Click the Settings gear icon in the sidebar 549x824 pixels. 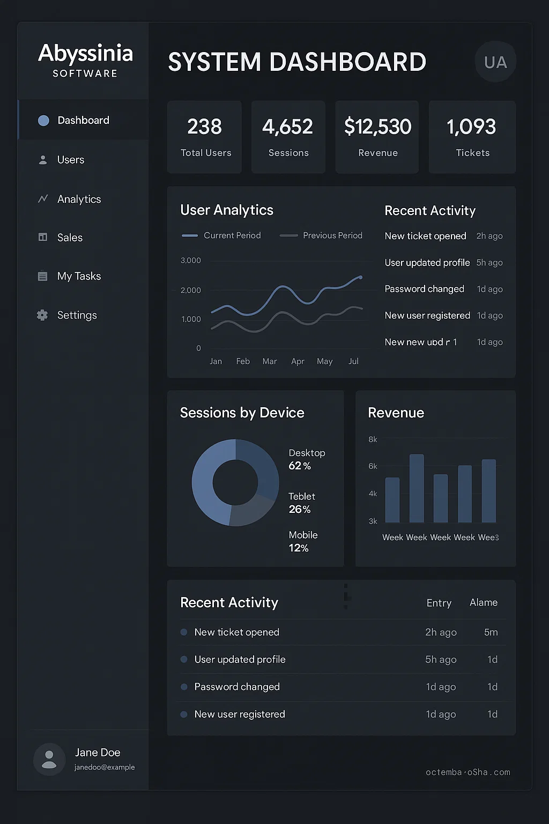coord(42,315)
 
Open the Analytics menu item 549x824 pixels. coord(79,199)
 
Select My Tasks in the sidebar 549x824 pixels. coord(79,276)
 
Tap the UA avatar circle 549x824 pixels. coord(495,62)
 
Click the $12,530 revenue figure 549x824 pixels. coord(378,127)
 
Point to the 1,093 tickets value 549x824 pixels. coord(472,127)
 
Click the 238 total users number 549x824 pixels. coord(204,127)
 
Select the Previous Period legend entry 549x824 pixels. coord(332,236)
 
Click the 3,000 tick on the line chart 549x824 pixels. coord(191,260)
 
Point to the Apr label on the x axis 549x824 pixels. coord(298,361)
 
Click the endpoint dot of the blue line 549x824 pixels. coord(361,277)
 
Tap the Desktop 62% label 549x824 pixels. coord(306,459)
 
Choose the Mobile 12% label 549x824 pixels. coord(302,541)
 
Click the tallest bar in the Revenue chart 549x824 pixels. coord(417,488)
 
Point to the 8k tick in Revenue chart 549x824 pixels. coord(373,439)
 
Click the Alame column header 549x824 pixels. coord(484,602)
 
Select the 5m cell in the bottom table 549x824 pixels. coord(491,632)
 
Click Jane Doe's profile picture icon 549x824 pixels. coord(49,759)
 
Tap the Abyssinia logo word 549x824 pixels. coord(86,53)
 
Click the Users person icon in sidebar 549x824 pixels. coord(43,160)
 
